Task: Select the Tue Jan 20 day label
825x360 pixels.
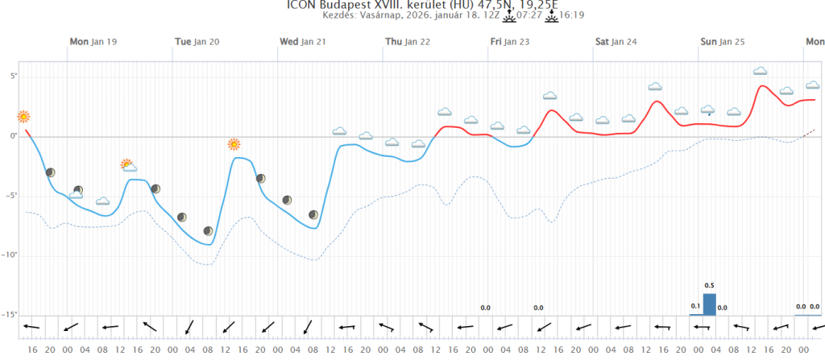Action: tap(197, 42)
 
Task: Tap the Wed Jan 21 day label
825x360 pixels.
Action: tap(302, 42)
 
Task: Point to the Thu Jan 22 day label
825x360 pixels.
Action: tap(407, 42)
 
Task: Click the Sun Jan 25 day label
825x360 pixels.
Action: tap(722, 42)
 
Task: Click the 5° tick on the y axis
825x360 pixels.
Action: tap(13, 77)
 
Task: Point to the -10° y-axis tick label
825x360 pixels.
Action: tap(10, 255)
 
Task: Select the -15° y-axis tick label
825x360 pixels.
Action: tap(10, 315)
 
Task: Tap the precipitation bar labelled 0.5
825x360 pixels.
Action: tap(709, 304)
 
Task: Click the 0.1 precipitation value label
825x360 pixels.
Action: tap(695, 306)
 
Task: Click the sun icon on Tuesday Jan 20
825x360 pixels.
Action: tap(234, 145)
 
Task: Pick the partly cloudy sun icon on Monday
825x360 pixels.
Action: tap(128, 165)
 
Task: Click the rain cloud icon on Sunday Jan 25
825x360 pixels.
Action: tap(708, 110)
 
